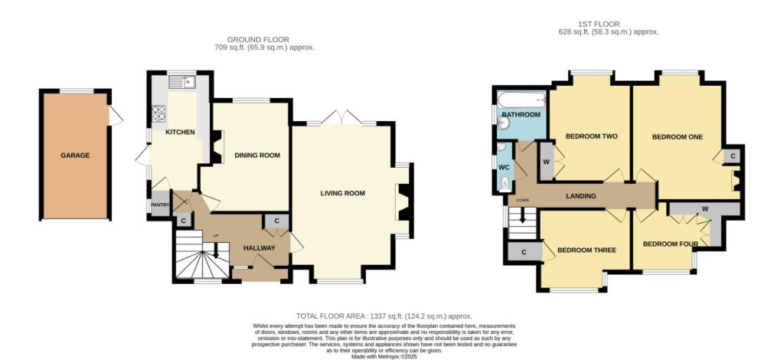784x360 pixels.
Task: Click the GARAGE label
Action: click(76, 155)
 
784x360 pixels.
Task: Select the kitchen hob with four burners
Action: click(160, 113)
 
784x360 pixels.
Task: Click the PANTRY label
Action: click(159, 205)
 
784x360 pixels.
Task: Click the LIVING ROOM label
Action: click(342, 193)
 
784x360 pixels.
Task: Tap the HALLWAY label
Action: click(259, 248)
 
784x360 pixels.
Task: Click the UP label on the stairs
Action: click(216, 234)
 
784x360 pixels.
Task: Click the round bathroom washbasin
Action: click(505, 121)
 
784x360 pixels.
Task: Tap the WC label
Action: click(504, 167)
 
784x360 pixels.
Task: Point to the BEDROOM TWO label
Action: click(591, 137)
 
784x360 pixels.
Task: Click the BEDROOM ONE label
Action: click(677, 137)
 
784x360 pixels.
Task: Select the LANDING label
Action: click(581, 197)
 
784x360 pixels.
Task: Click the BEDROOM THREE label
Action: click(586, 250)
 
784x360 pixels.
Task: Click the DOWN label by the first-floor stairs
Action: click(523, 201)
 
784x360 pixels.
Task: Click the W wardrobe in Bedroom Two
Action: click(546, 162)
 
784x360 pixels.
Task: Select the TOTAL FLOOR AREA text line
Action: click(384, 316)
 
